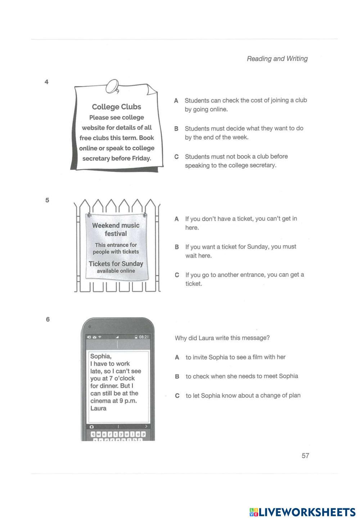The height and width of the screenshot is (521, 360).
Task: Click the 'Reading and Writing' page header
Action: (x=277, y=59)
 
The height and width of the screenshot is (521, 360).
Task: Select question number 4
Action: (x=46, y=82)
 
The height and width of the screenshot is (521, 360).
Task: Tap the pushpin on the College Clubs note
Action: (x=114, y=86)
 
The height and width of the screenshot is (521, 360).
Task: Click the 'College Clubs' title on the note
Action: (x=116, y=107)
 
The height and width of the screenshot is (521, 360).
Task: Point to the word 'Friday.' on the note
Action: (x=141, y=158)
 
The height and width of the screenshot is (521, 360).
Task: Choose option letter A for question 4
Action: (x=176, y=101)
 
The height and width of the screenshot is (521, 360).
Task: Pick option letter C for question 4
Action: (x=176, y=157)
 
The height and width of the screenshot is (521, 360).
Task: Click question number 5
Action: (x=47, y=200)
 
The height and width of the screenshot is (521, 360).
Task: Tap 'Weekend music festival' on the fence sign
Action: (x=116, y=229)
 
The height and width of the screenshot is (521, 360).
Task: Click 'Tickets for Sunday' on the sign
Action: (x=116, y=264)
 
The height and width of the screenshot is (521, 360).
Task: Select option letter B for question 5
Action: (x=177, y=247)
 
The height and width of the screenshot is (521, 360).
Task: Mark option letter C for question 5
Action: (x=177, y=275)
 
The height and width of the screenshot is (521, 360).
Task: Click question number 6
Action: (x=48, y=319)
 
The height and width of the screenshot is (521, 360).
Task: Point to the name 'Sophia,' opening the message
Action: (x=101, y=356)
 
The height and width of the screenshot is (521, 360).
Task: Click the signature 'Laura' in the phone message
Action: (x=98, y=408)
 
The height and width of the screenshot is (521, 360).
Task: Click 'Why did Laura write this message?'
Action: (x=222, y=338)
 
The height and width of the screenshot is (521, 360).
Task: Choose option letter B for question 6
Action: (x=177, y=377)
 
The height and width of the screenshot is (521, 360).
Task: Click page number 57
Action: (x=305, y=456)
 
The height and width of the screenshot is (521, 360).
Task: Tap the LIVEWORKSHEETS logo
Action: (x=302, y=512)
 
